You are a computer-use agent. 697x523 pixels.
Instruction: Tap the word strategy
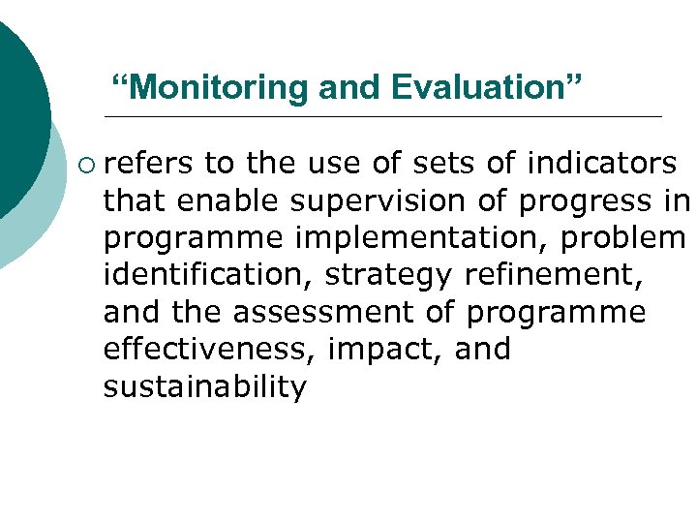[x=388, y=275]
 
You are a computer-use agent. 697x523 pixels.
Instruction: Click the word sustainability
[x=204, y=387]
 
